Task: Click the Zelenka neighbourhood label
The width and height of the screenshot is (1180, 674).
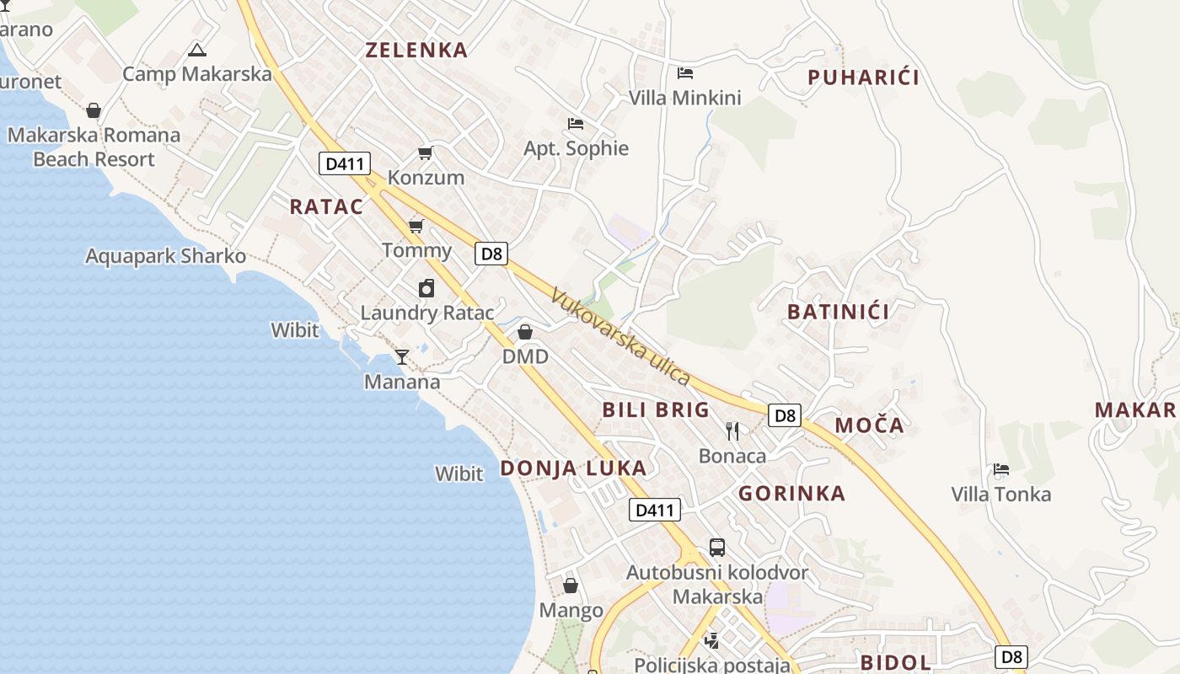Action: (x=416, y=50)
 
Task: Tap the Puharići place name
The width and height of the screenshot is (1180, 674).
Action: (x=863, y=78)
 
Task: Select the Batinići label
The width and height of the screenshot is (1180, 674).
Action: (x=839, y=312)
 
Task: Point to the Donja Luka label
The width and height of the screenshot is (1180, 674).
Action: (x=574, y=468)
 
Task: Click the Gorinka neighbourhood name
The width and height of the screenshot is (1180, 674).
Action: (x=792, y=494)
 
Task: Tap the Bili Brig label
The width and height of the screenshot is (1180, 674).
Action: (x=656, y=410)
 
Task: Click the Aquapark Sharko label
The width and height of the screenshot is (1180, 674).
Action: (x=166, y=256)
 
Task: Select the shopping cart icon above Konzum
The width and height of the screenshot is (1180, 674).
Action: (x=426, y=152)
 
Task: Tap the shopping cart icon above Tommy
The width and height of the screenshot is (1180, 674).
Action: (x=416, y=226)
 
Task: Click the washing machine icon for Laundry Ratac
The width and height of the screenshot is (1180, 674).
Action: (x=426, y=288)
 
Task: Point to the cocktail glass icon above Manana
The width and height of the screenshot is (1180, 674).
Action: (x=402, y=357)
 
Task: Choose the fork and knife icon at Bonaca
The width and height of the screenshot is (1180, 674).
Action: (x=732, y=431)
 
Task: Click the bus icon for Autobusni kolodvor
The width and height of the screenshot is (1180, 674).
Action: (x=717, y=548)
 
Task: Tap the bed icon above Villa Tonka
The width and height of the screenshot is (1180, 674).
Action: (x=1001, y=469)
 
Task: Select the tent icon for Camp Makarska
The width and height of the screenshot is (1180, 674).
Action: (x=197, y=50)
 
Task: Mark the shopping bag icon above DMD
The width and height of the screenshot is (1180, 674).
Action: (x=525, y=332)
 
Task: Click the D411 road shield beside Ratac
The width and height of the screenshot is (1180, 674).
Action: (x=344, y=163)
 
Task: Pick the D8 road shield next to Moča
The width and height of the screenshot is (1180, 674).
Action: (x=785, y=415)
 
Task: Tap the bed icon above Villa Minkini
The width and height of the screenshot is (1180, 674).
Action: (x=685, y=73)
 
